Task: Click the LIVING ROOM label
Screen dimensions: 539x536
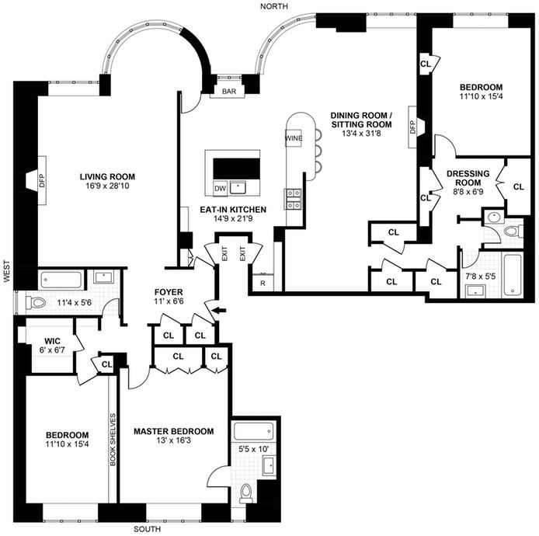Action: click(107, 176)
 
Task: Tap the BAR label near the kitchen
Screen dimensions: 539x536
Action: click(229, 92)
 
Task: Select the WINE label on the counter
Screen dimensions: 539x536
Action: click(294, 138)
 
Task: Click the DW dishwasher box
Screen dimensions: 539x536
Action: click(220, 188)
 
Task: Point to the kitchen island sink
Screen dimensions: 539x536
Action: click(238, 187)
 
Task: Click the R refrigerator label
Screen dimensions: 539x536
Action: click(263, 284)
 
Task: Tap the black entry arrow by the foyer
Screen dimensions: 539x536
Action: click(219, 310)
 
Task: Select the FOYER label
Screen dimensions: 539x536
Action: click(169, 292)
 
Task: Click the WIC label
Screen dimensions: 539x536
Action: click(52, 341)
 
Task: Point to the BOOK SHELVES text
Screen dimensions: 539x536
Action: click(113, 440)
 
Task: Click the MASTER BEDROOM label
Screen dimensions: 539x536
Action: click(174, 431)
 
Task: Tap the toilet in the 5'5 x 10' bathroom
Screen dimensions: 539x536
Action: click(245, 492)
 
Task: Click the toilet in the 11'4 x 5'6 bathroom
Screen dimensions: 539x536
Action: click(36, 302)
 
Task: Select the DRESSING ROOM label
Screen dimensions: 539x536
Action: click(468, 178)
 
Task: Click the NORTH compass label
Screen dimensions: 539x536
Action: click(274, 6)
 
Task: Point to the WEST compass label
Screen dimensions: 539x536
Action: click(6, 271)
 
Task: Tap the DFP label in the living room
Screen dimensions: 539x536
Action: click(42, 180)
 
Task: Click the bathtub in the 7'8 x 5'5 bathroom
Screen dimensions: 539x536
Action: click(513, 274)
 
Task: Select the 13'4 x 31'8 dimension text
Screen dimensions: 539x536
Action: click(361, 133)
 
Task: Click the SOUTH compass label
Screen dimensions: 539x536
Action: click(147, 529)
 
